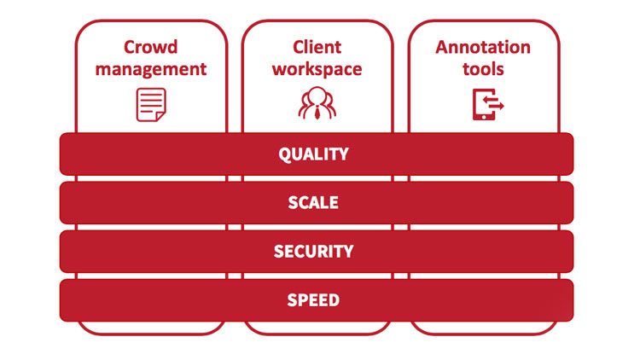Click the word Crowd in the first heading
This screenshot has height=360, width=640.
coord(151,46)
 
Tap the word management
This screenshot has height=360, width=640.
coord(151,68)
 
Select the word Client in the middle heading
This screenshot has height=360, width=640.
coord(317,46)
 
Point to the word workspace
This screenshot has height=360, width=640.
coord(317,68)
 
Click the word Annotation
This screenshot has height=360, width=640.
coord(483,46)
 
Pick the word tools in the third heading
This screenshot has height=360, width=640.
coord(483,68)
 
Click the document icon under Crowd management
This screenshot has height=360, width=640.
coord(150,104)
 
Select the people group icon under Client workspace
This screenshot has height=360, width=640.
coord(317,103)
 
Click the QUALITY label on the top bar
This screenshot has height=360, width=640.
coord(314,154)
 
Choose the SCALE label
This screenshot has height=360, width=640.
coord(314,203)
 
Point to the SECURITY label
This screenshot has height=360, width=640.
coord(314,252)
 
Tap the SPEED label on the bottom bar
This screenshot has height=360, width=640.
coord(314,300)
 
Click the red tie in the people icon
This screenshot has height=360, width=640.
coord(317,109)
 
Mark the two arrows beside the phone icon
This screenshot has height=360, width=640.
coord(495,104)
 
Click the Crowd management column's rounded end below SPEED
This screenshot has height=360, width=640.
coord(151,328)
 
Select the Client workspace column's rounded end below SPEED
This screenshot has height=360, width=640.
coord(317,328)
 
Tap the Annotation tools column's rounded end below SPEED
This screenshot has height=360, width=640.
coord(484,328)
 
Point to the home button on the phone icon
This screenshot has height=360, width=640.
coord(480,115)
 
